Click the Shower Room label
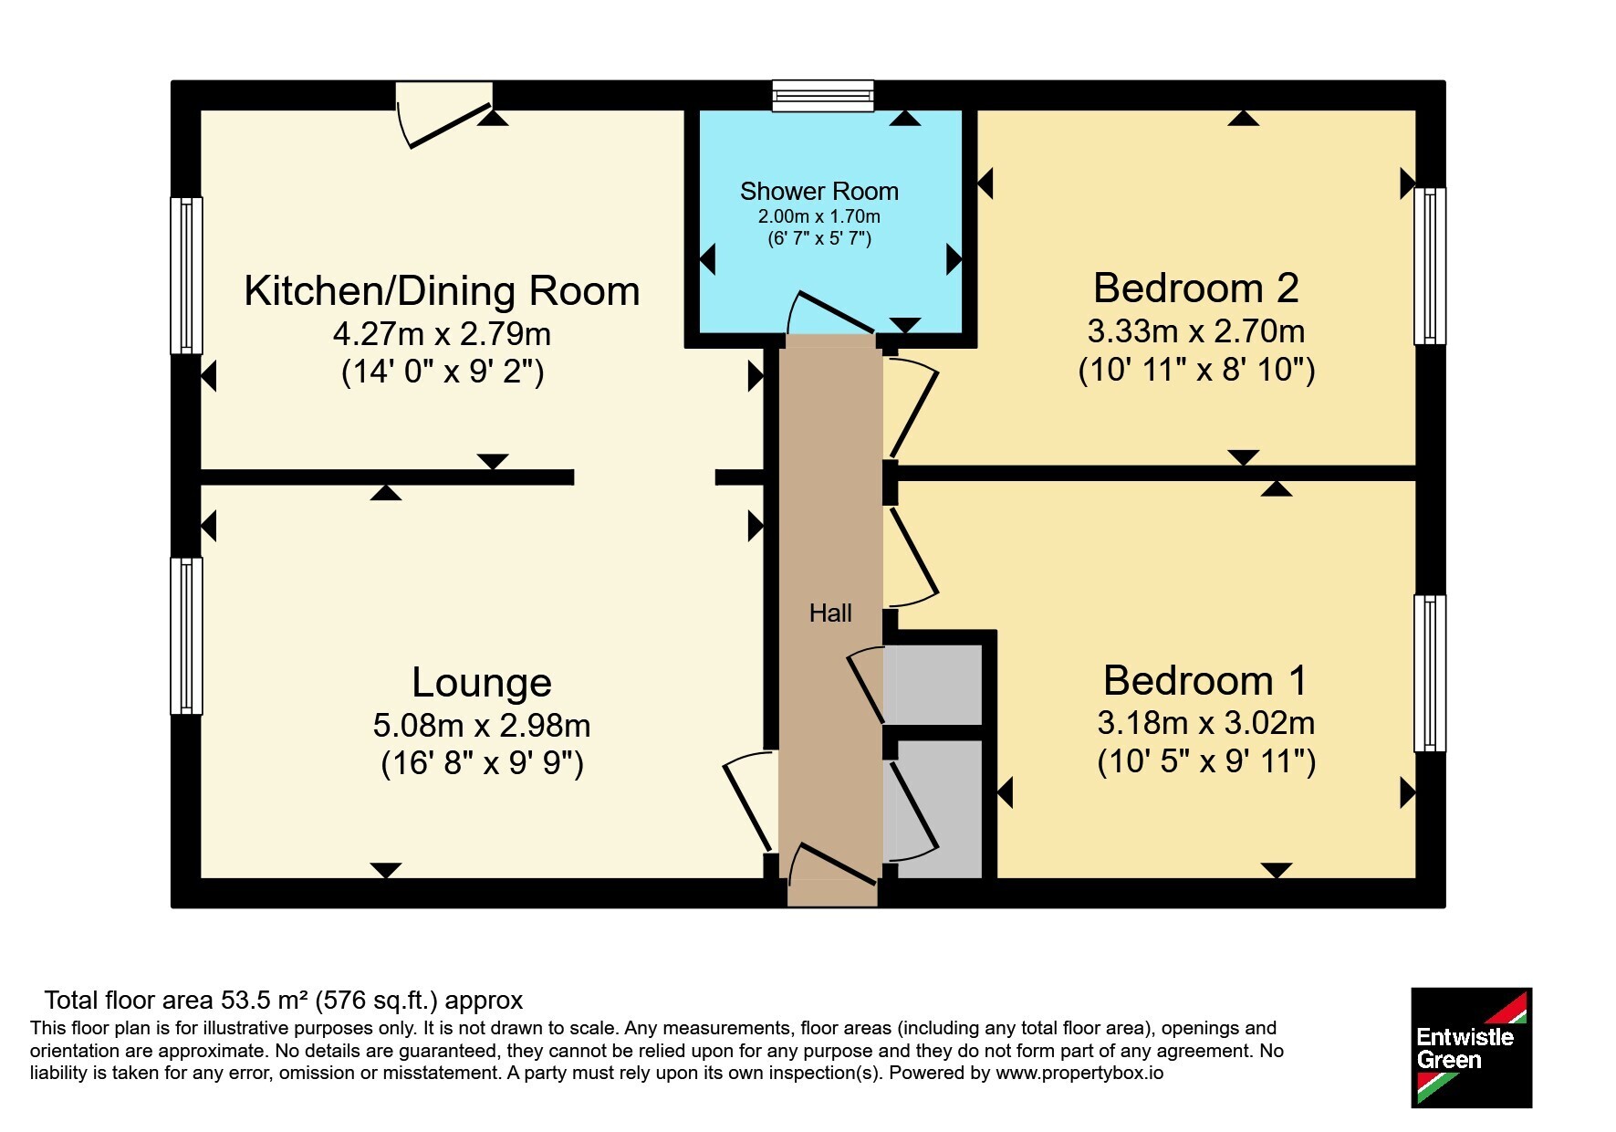[x=818, y=192]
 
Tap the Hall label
[x=830, y=613]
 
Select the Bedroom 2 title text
[x=1195, y=288]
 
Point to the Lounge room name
[x=482, y=683]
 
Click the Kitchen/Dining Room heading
[x=442, y=291]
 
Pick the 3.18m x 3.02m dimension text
[x=1205, y=723]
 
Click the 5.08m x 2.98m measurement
[x=482, y=726]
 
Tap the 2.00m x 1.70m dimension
[x=818, y=216]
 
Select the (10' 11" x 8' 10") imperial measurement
[x=1196, y=370]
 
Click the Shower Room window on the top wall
[x=822, y=96]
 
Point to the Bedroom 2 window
[x=1430, y=266]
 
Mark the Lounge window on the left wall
[x=186, y=635]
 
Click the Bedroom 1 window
[x=1430, y=674]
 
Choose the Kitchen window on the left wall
[x=186, y=276]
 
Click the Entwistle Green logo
[x=1471, y=1047]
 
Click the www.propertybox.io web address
[x=1079, y=1073]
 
